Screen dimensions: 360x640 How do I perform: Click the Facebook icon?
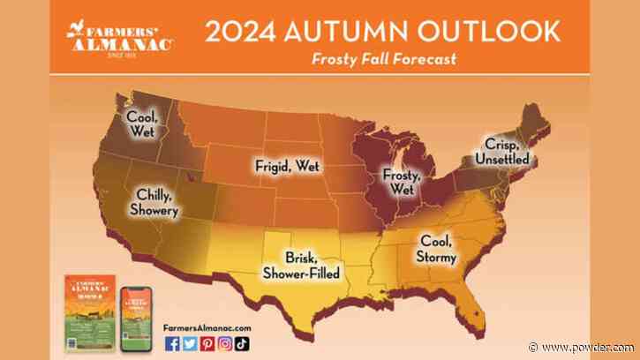(x=173, y=345)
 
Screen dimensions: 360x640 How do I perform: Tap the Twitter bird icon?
(x=189, y=345)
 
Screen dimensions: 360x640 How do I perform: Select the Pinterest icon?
(x=207, y=345)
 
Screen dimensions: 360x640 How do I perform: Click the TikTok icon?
(x=241, y=345)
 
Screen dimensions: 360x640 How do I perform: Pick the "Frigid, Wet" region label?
(x=286, y=165)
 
